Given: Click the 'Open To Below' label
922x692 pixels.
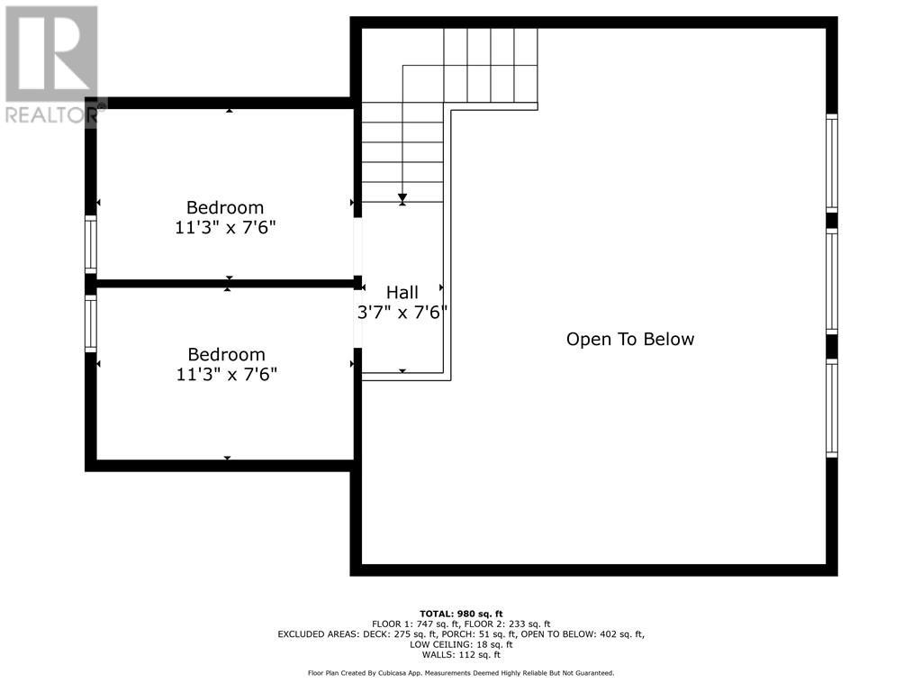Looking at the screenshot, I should click(x=630, y=340).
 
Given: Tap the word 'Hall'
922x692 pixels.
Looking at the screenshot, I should click(x=402, y=293).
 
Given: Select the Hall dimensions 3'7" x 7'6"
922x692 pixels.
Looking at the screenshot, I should click(x=402, y=313).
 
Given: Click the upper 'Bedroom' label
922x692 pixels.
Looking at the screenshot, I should click(x=225, y=207).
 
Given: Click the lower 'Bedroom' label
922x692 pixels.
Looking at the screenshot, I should click(x=226, y=355).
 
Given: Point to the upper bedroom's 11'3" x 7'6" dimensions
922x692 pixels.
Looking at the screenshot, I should click(x=225, y=228).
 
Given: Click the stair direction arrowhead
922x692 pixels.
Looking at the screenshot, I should click(x=402, y=198).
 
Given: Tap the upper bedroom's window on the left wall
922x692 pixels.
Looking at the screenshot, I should click(x=90, y=243).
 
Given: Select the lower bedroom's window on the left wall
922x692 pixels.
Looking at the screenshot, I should click(x=90, y=323).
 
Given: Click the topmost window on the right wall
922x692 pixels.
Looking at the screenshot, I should click(x=832, y=163).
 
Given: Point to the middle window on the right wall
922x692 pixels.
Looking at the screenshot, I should click(x=832, y=282).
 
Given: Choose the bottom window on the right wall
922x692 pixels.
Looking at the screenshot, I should click(x=832, y=408).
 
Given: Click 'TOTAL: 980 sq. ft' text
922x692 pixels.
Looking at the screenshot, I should click(x=461, y=614).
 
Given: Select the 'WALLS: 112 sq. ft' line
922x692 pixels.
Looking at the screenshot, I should click(x=461, y=654).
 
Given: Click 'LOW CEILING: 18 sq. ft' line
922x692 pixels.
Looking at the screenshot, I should click(x=461, y=644).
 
